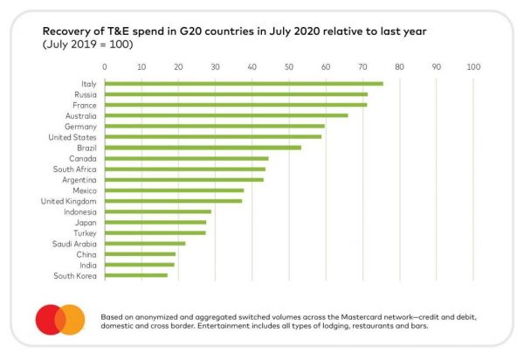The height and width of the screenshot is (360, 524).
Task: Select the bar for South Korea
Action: click(136, 275)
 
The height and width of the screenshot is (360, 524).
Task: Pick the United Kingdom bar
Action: click(174, 201)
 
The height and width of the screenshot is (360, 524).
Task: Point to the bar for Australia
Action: click(226, 115)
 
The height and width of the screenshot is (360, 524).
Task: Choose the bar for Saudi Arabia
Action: click(145, 244)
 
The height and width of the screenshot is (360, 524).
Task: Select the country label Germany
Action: click(79, 126)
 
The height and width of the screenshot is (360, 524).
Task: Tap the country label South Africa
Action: click(76, 169)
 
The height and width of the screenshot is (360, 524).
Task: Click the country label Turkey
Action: click(84, 232)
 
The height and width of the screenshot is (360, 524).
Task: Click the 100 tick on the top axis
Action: click(474, 66)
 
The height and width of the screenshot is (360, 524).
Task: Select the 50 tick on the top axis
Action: click(289, 66)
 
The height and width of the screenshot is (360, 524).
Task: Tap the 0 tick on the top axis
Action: click(105, 66)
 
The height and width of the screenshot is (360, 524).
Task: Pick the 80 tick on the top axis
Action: click(400, 66)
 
